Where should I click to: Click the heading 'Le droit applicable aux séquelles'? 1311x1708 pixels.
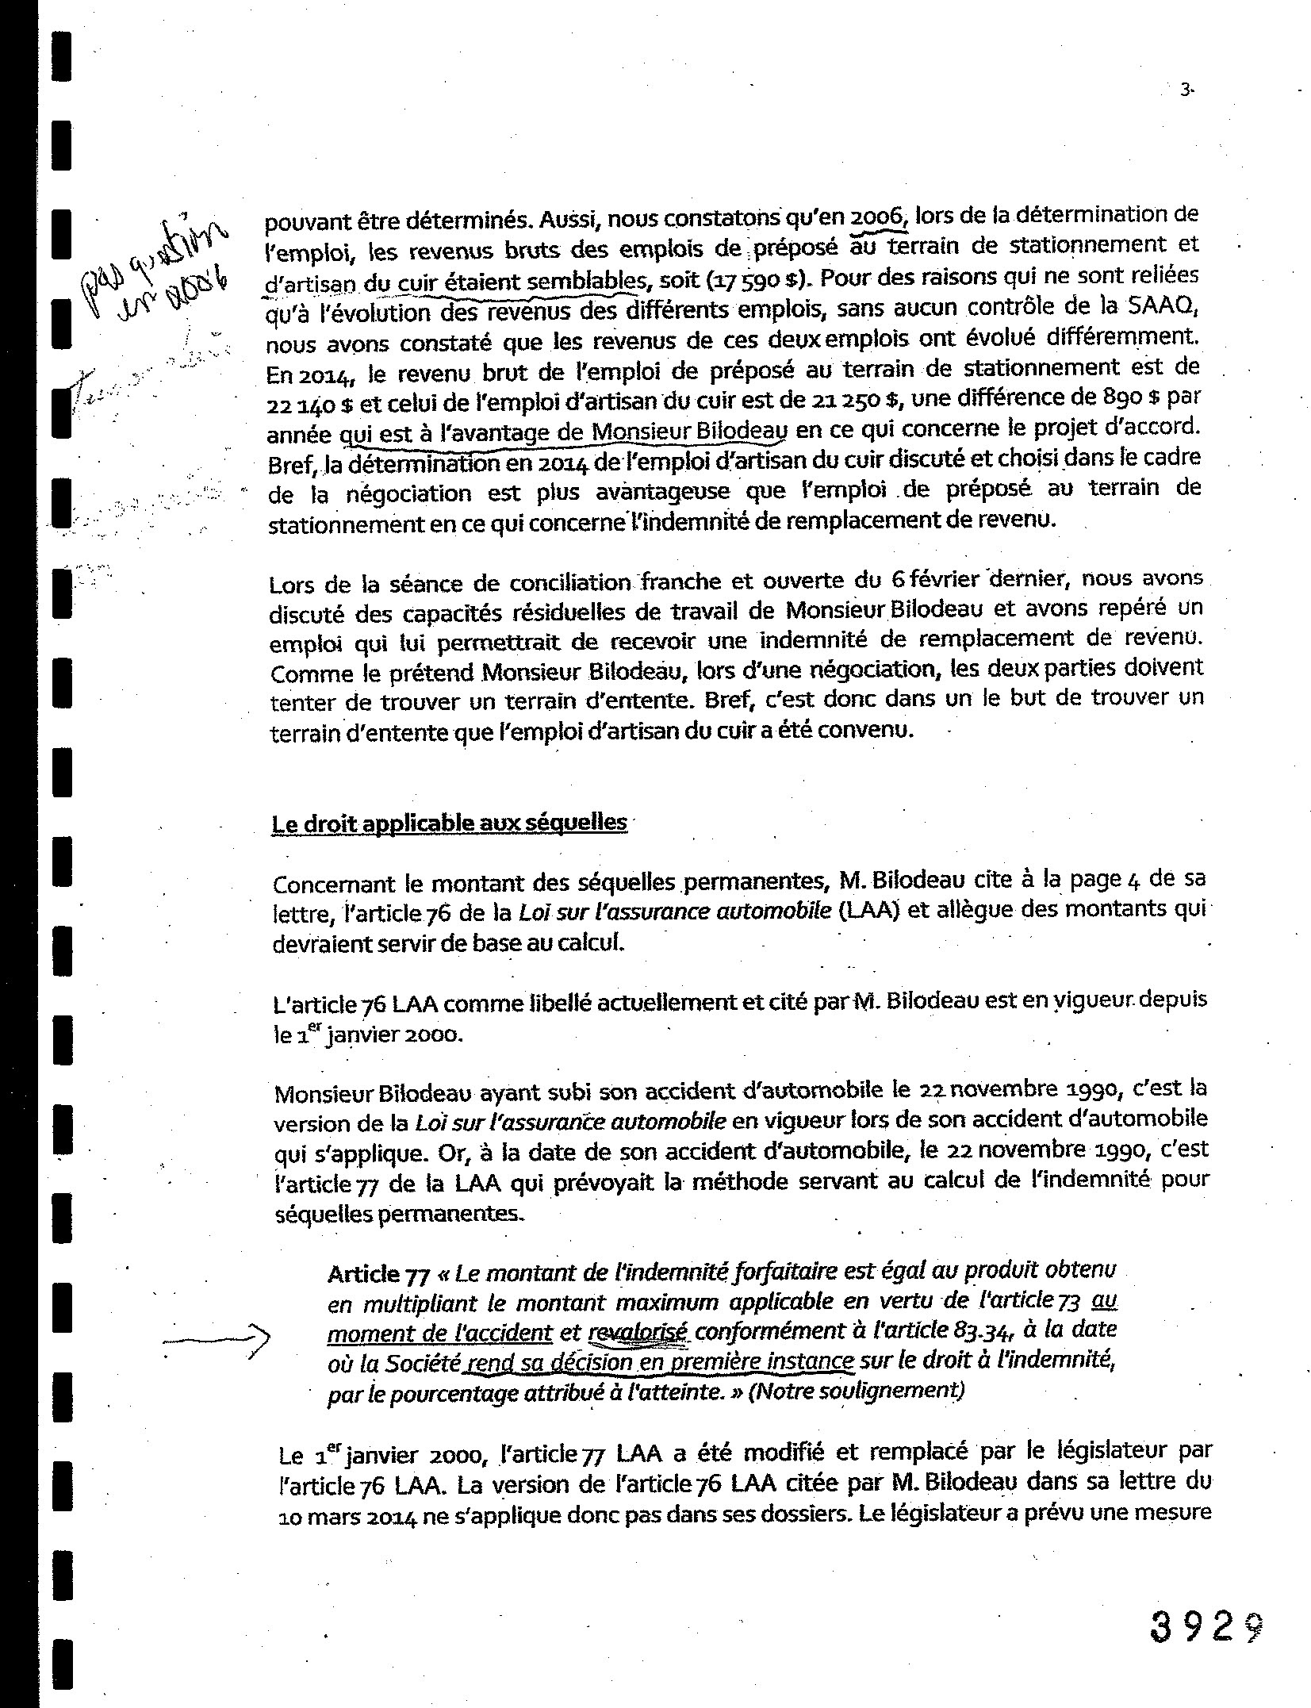(449, 823)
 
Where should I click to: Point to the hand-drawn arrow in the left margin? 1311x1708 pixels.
(216, 1339)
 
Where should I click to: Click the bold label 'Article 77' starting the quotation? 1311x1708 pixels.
(378, 1275)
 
